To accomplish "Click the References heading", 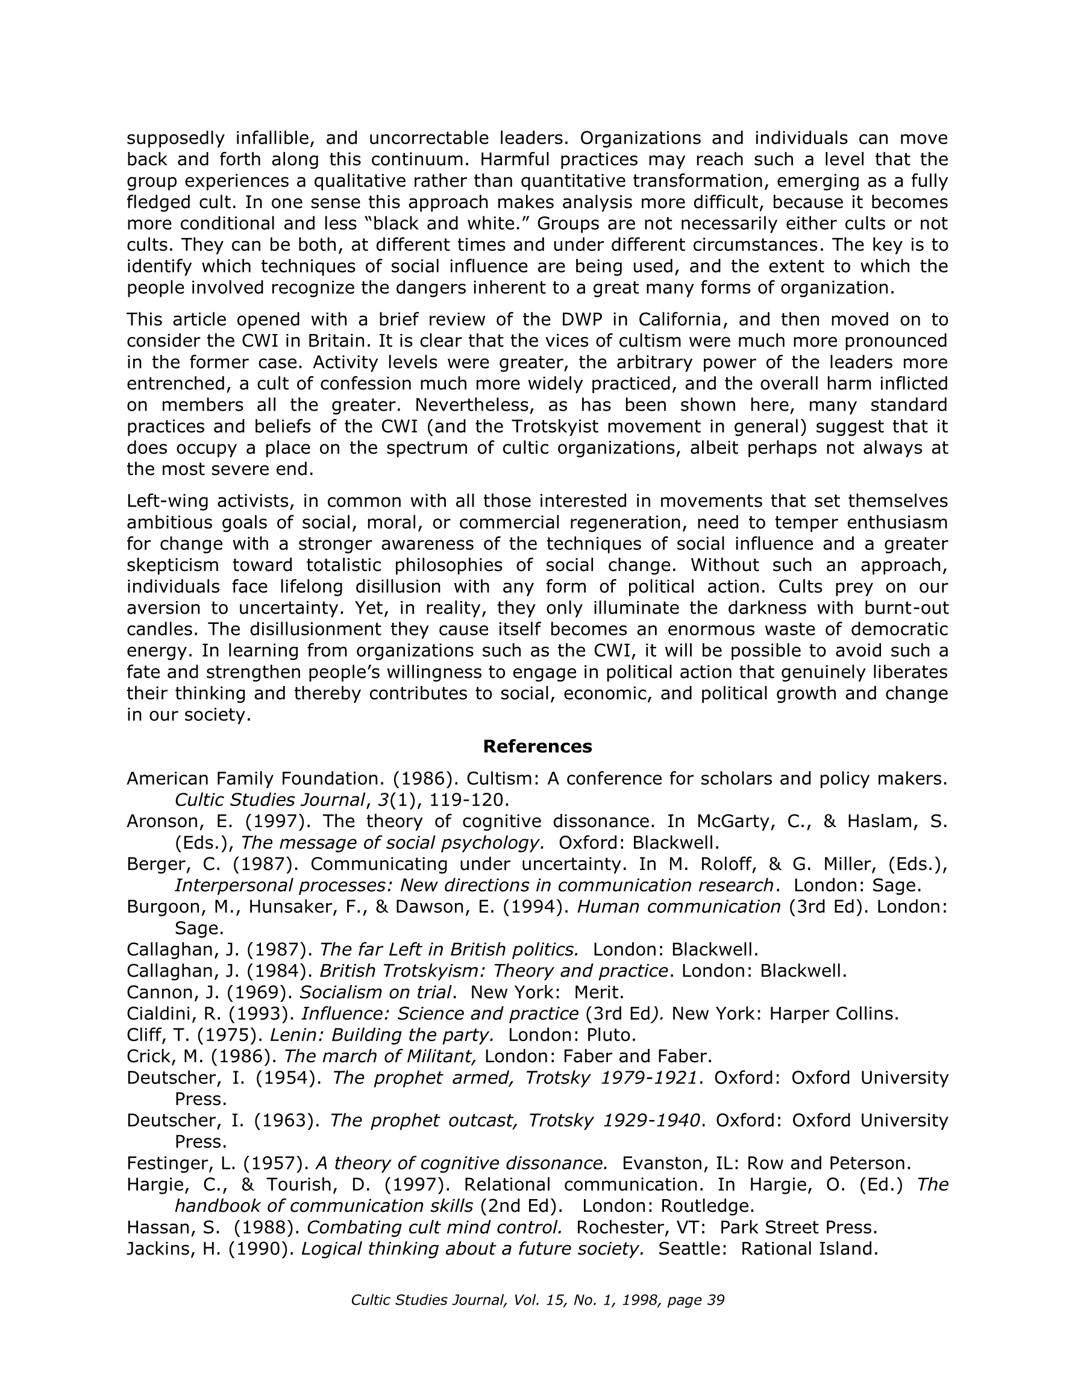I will pos(537,746).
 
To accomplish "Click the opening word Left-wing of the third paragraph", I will pos(166,501).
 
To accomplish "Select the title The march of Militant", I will pos(380,1057).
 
